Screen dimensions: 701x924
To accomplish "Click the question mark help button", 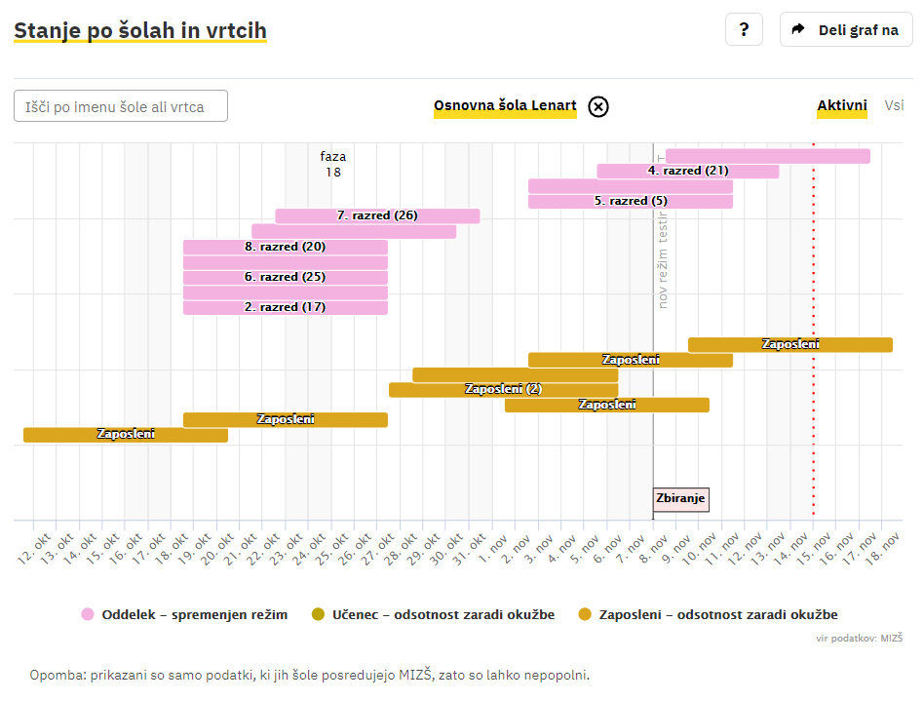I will tap(744, 29).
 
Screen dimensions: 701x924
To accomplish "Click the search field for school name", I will tap(121, 106).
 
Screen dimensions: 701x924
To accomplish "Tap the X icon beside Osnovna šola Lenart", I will tap(598, 106).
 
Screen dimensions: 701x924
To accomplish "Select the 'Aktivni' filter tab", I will tap(842, 105).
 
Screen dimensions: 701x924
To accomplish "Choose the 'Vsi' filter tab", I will tap(894, 105).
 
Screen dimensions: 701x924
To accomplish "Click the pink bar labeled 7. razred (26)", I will tap(377, 215).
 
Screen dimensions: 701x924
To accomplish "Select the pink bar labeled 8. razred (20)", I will tap(286, 247).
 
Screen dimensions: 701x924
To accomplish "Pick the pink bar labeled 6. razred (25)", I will tap(286, 277).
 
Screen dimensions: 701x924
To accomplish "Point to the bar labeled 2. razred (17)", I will tap(286, 307).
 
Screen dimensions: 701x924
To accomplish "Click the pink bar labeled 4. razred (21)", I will tap(688, 171).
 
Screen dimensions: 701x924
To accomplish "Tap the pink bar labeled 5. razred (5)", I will tap(631, 201).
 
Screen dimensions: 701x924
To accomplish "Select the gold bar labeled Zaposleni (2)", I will tap(503, 389).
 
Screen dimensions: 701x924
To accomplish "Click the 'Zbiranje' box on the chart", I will tap(680, 499).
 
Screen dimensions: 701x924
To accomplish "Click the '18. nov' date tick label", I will tap(883, 547).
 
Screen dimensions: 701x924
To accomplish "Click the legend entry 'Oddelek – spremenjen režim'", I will tap(184, 614).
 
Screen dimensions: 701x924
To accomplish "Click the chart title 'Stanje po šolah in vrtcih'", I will tap(140, 31).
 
